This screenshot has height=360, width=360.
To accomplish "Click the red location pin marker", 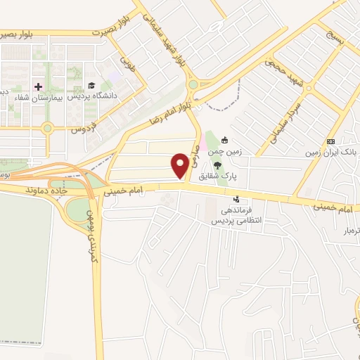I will pyautogui.click(x=181, y=165).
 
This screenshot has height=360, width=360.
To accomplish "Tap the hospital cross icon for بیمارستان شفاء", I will pyautogui.click(x=38, y=86).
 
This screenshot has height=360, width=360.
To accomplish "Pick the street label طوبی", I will pyautogui.click(x=127, y=66).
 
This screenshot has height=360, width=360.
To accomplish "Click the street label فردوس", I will pyautogui.click(x=83, y=129).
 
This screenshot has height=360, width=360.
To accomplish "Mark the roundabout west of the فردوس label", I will pyautogui.click(x=47, y=128).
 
